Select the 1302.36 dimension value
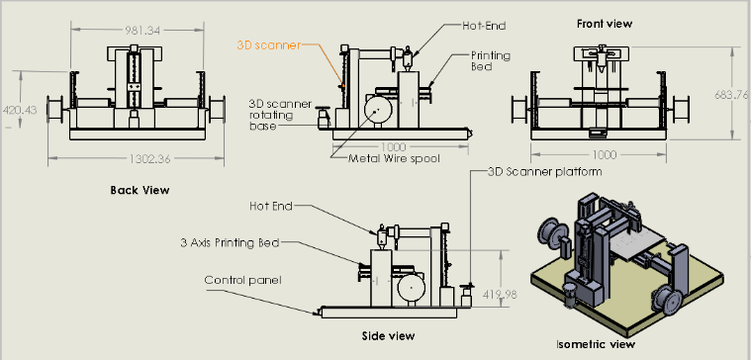pos(150,159)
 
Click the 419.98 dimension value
pos(501,295)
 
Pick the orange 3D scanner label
pos(269,45)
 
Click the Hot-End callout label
pos(484,26)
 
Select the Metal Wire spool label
pos(394,158)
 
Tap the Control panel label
pos(242,280)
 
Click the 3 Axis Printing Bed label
pos(230,242)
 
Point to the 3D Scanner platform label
pos(544,171)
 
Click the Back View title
pos(140,190)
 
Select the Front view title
pos(605,24)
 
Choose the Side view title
pos(388,336)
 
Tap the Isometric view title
pos(596,344)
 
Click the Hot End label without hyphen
pos(270,206)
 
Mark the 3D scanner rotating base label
pos(280,115)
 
